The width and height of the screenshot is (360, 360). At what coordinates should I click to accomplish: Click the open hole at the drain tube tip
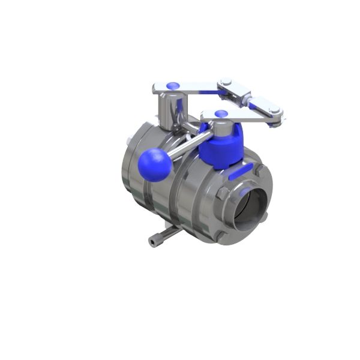(x=151, y=242)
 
